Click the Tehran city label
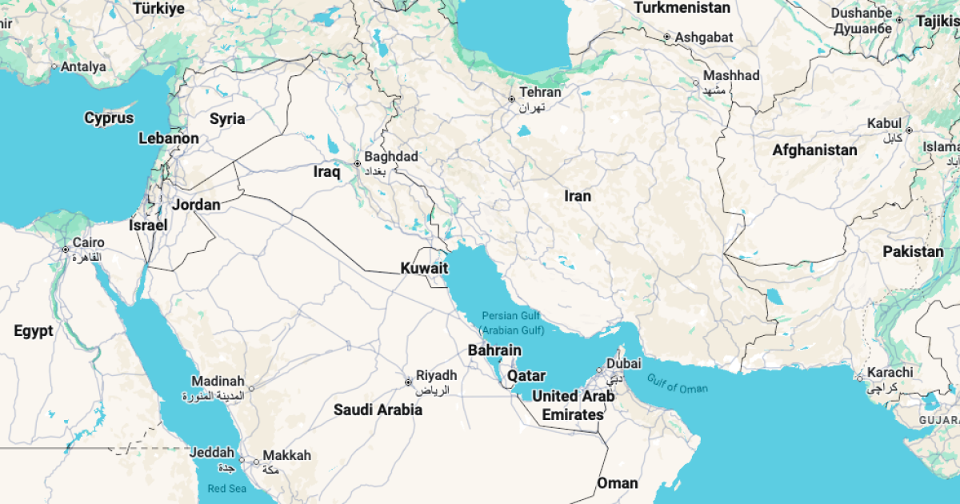click(540, 92)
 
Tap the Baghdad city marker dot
click(358, 164)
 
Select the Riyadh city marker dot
click(408, 382)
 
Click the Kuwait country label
click(425, 268)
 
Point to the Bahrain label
click(494, 350)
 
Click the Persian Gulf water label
click(511, 316)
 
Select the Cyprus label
click(109, 118)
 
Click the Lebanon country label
click(169, 138)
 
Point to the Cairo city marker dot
click(66, 250)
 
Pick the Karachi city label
click(888, 372)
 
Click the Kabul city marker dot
click(909, 130)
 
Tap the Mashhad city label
click(731, 76)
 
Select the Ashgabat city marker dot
click(667, 37)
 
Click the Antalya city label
click(82, 67)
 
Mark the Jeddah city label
click(212, 452)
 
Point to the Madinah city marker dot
click(250, 389)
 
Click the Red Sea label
click(228, 488)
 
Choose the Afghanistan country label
click(814, 150)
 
